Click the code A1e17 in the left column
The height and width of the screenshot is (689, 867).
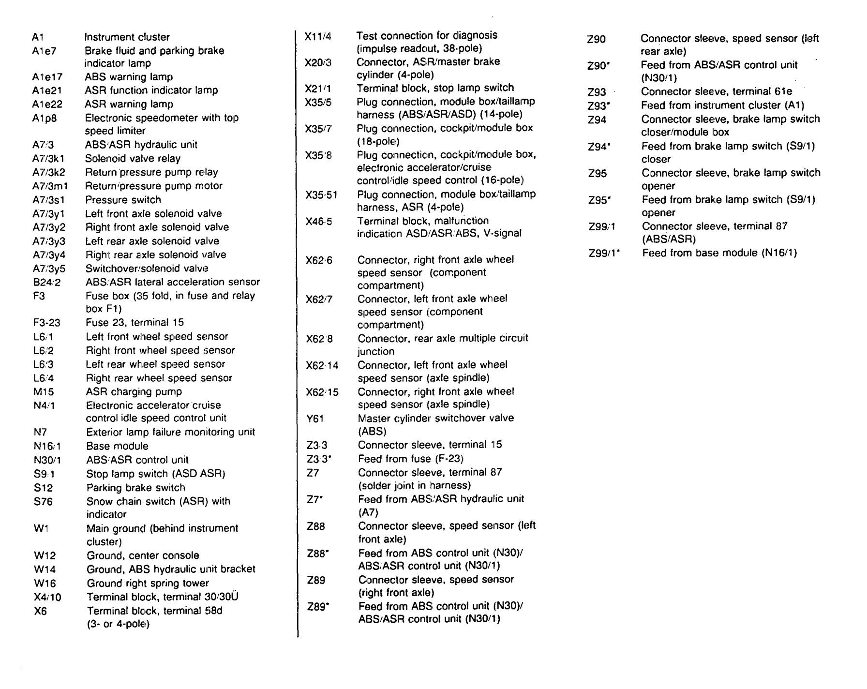coord(47,77)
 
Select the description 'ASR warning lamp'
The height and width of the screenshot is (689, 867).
coord(129,104)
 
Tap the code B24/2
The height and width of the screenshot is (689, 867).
coord(47,282)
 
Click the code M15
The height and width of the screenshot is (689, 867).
coord(44,392)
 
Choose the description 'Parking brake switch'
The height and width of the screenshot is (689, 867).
coord(135,488)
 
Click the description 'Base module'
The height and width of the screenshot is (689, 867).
coord(117,446)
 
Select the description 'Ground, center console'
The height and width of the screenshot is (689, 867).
coord(143,555)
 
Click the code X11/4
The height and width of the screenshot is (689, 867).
coord(318,36)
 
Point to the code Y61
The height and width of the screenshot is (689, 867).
coord(315,419)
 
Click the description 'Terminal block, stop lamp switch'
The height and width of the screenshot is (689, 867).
coord(435,88)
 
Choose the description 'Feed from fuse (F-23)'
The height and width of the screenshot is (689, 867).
coord(411,459)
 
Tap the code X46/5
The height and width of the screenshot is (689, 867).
coord(319,222)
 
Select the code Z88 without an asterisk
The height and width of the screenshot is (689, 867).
coord(316,526)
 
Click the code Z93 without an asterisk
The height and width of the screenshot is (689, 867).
coord(597,92)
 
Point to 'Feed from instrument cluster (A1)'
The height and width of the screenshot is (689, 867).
coord(723,105)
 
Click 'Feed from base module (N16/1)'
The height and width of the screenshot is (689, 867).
coord(719,253)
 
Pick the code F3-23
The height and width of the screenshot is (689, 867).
coord(47,323)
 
